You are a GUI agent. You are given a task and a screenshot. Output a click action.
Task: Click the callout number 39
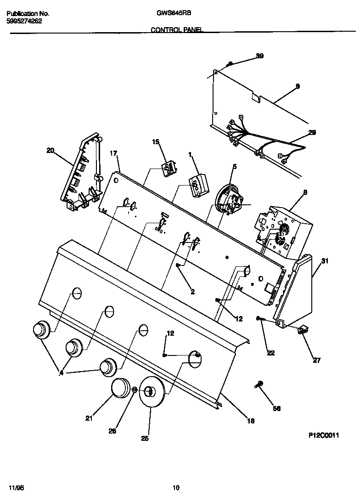259,56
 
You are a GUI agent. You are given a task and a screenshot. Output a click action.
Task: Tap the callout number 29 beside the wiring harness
312,133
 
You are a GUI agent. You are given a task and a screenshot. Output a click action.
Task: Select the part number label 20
51,150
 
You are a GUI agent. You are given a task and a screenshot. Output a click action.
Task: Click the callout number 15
155,142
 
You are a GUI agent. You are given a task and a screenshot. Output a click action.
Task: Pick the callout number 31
325,261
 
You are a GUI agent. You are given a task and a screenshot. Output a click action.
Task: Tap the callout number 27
317,360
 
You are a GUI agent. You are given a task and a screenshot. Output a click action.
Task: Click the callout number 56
276,408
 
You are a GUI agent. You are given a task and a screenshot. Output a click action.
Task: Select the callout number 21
89,418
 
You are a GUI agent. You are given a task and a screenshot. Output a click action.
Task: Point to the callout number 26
112,431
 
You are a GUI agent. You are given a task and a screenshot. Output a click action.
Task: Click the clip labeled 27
303,330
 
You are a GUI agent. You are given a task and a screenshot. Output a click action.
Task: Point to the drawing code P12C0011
323,435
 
